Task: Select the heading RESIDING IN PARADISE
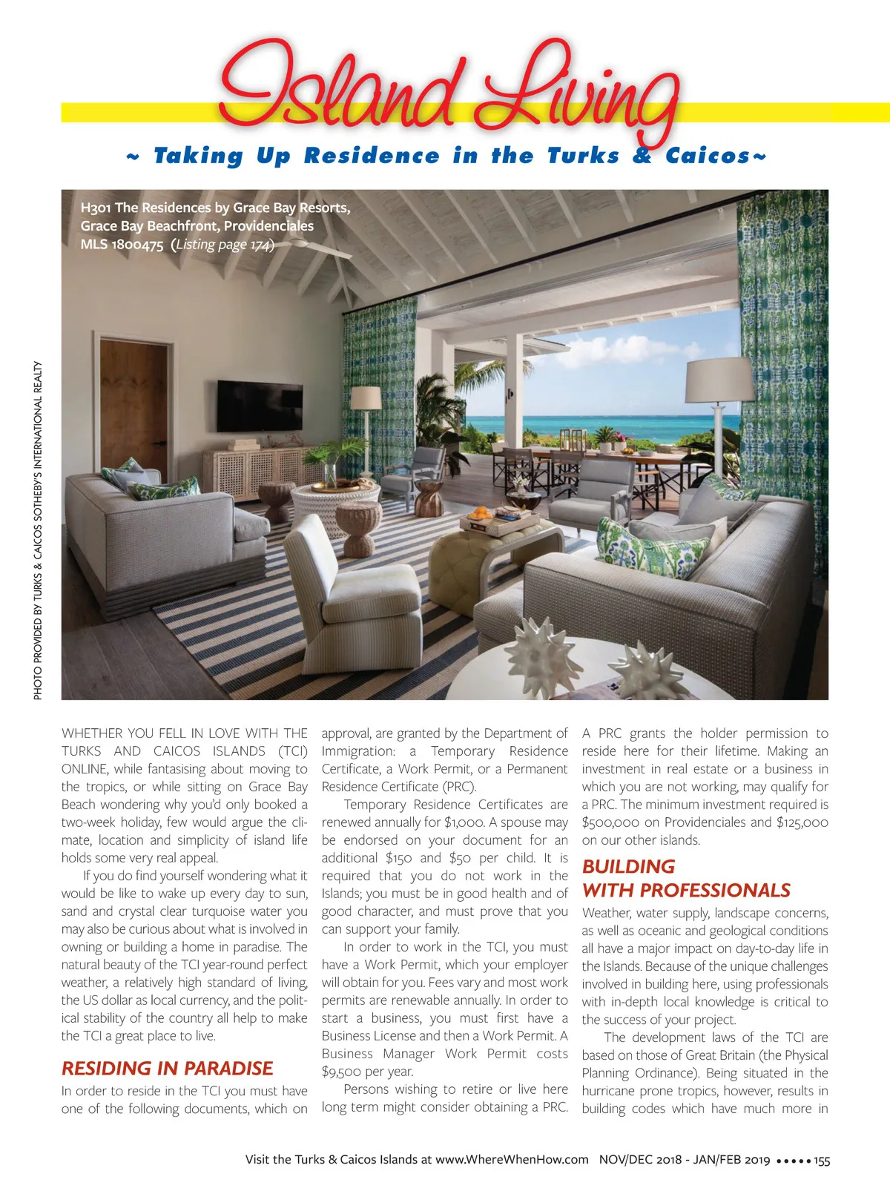point(167,1068)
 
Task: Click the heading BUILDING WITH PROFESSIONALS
point(686,879)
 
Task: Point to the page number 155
point(821,1161)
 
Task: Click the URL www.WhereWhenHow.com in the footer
point(512,1160)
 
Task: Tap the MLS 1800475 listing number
point(122,245)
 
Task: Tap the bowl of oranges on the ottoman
point(479,512)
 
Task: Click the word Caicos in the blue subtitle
point(708,156)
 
